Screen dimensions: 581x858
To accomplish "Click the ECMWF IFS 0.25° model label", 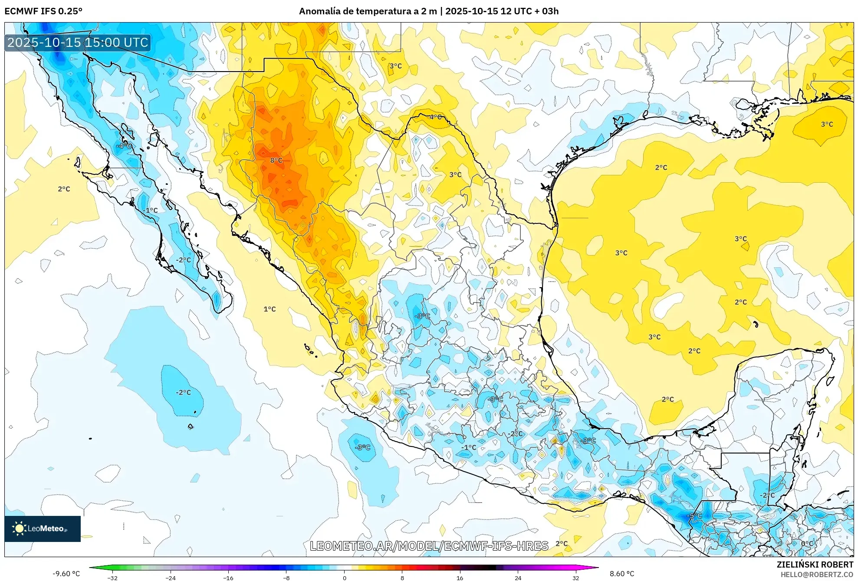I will click(x=43, y=11).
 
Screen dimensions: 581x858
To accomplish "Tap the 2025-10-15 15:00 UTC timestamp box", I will click(x=78, y=43).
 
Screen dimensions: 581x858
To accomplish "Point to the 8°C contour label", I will click(x=276, y=161).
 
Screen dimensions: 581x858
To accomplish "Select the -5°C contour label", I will click(x=694, y=516).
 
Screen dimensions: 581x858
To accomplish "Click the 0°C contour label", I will click(x=807, y=544).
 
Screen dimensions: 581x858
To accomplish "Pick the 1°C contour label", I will click(x=270, y=309).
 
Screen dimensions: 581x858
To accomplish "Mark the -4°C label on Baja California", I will click(x=124, y=146).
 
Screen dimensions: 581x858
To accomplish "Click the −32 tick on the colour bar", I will click(x=112, y=578).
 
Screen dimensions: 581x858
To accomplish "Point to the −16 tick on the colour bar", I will click(x=228, y=578).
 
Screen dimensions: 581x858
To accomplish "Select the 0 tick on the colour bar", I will click(x=345, y=578).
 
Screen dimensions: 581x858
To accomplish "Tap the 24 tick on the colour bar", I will click(x=518, y=578).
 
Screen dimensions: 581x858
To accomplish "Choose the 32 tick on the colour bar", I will click(x=575, y=578).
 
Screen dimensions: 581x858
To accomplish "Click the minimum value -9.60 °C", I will click(x=66, y=574).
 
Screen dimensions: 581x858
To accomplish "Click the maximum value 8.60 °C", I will click(x=622, y=574).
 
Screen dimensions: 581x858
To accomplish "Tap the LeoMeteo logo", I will click(x=43, y=528).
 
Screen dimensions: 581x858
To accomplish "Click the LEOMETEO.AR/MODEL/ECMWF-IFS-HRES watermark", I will click(x=429, y=546).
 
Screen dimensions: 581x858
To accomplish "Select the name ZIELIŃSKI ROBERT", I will click(x=815, y=565).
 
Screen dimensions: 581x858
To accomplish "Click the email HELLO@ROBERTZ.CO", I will click(x=817, y=574).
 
